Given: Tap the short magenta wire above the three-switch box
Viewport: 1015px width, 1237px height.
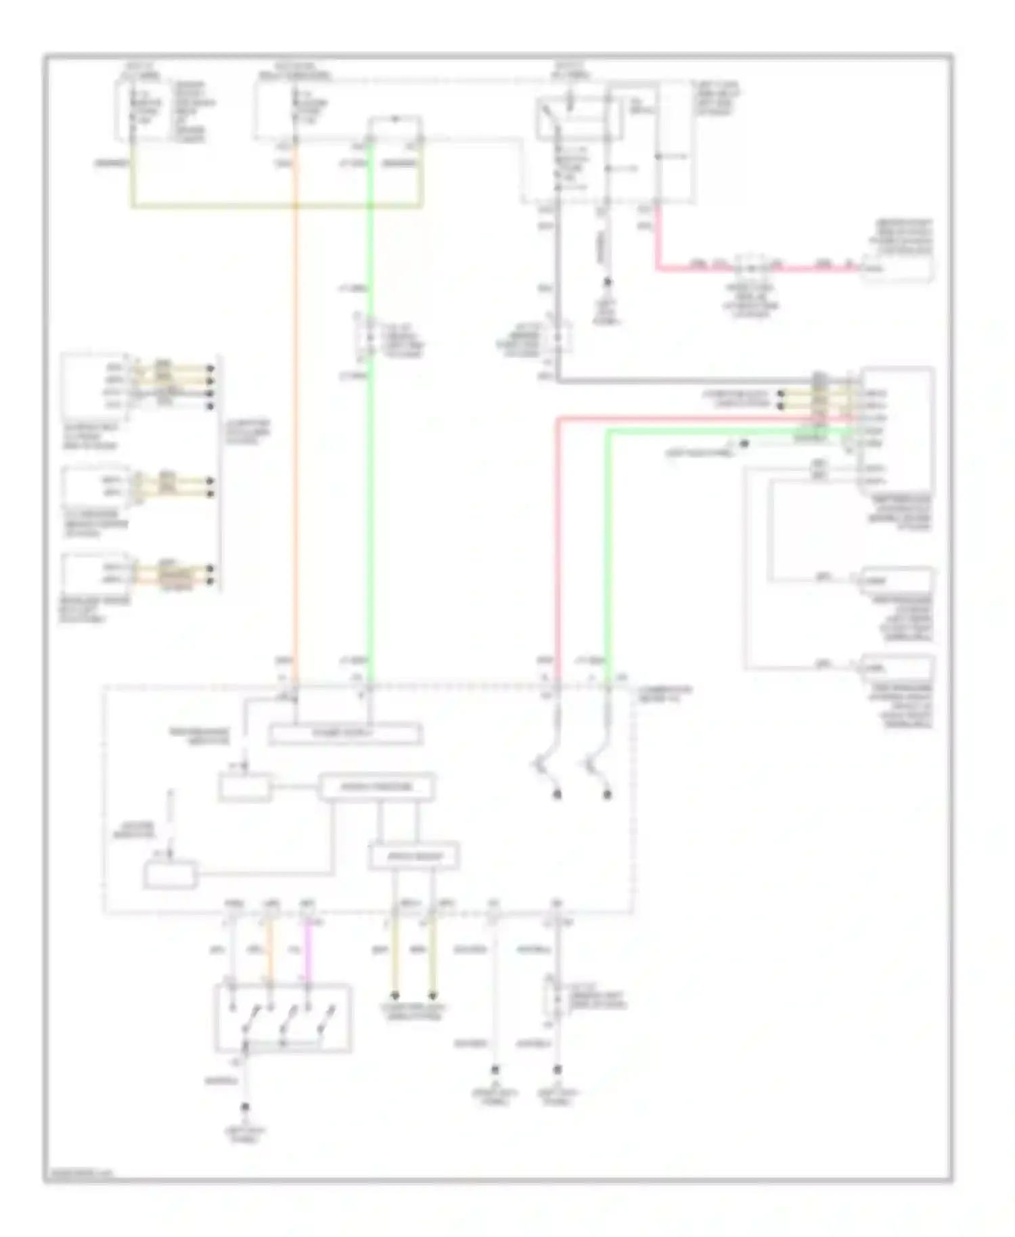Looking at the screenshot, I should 308,951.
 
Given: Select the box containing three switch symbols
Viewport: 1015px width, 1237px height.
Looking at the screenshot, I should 283,1018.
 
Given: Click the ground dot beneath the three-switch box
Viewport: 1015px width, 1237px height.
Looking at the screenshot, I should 246,1108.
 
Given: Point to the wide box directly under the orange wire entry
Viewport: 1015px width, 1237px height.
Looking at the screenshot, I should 345,734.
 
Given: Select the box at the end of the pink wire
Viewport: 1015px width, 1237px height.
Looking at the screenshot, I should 897,268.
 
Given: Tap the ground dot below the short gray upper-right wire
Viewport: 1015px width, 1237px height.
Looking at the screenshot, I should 608,282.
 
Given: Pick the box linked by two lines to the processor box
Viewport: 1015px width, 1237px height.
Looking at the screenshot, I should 413,857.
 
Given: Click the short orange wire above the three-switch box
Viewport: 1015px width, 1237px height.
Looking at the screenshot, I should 269,951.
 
